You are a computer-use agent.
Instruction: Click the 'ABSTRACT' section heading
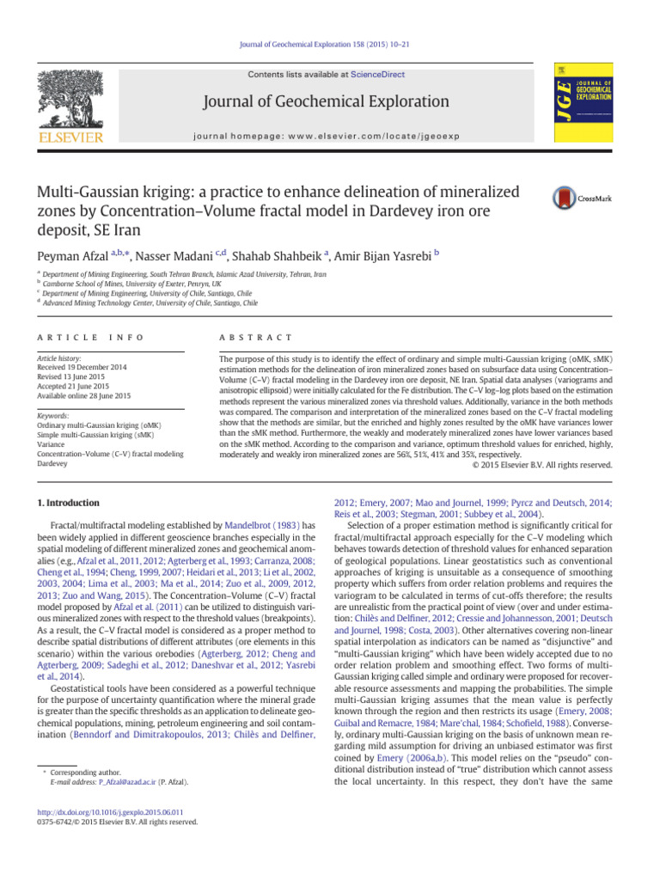[x=257, y=338]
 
